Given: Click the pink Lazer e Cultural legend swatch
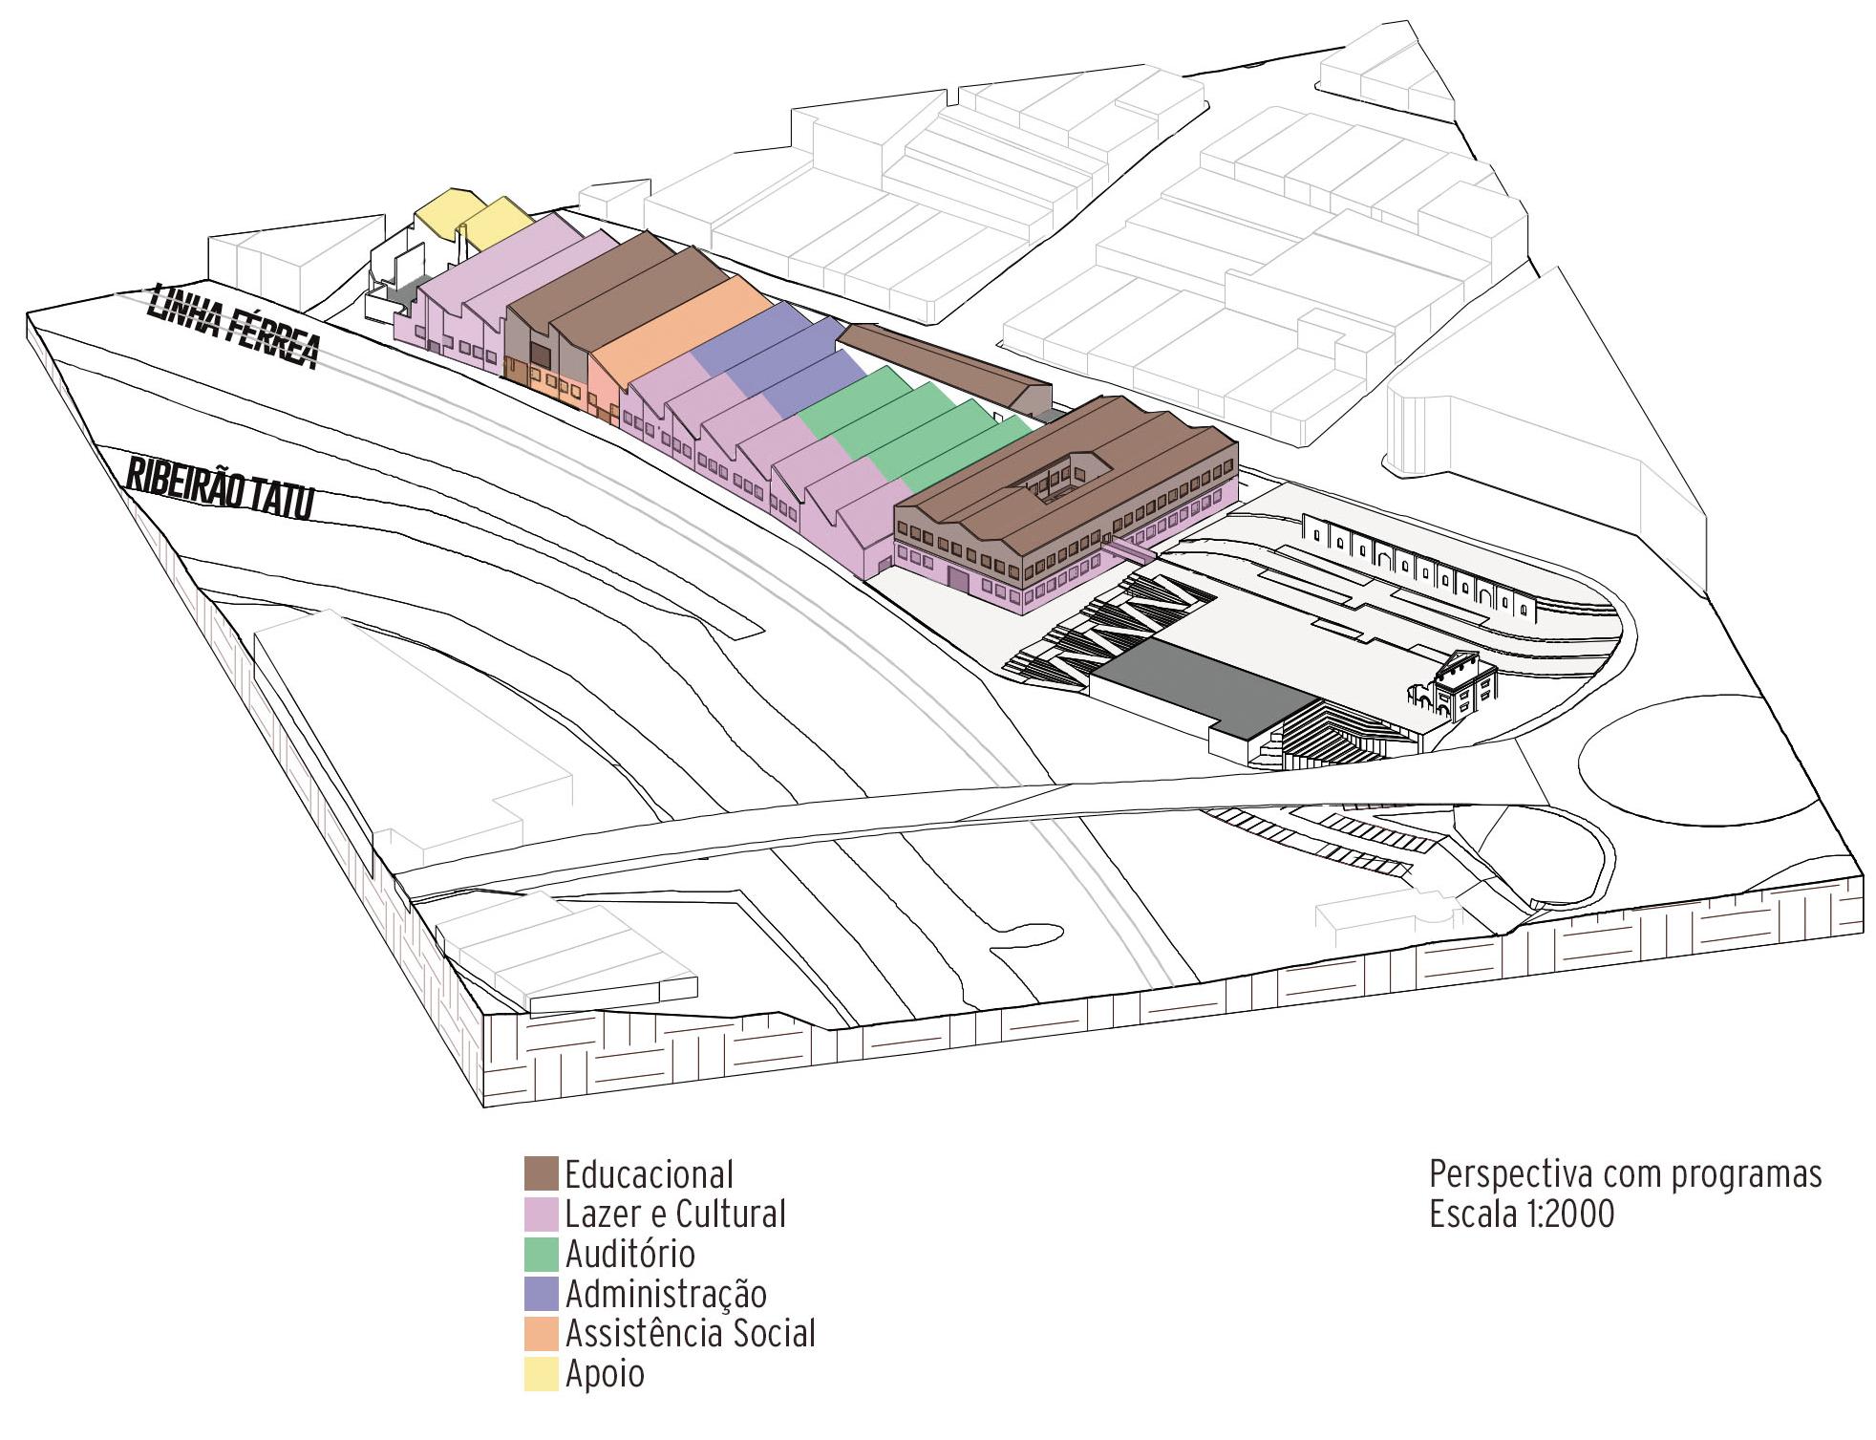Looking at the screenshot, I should (x=541, y=1214).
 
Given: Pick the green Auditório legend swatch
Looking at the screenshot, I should (x=541, y=1254).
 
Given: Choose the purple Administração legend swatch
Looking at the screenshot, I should (x=541, y=1294).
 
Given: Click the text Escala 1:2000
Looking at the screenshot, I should (x=1521, y=1214).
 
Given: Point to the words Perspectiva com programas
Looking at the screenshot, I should (x=1625, y=1173).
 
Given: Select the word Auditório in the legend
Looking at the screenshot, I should (x=629, y=1254).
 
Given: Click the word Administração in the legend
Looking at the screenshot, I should (x=666, y=1294).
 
